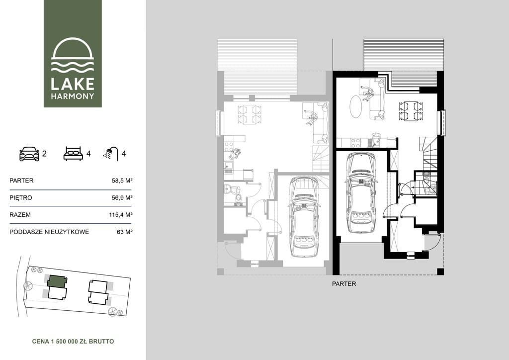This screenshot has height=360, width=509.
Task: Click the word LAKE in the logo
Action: point(73,84)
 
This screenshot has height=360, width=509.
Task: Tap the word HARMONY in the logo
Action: point(73,96)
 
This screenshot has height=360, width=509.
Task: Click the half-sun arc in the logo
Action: point(73,49)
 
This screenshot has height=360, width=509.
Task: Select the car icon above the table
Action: point(29,154)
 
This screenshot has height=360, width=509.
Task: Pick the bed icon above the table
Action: point(73,154)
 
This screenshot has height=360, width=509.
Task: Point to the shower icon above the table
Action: point(110,154)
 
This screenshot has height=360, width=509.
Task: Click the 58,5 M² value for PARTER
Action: point(122,180)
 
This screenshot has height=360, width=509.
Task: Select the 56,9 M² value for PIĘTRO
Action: point(122,197)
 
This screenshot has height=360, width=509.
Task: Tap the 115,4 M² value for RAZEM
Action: point(121,215)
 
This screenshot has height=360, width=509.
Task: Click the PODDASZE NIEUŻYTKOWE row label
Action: point(49,232)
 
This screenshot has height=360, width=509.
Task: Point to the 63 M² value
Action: point(125,232)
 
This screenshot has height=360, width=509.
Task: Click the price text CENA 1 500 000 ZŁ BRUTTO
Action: point(73,341)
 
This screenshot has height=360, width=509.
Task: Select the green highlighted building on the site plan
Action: point(57,281)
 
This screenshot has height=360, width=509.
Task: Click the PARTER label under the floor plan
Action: point(344,284)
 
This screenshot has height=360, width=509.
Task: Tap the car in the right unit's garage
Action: point(360,193)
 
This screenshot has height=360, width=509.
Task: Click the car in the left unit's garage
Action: point(304,217)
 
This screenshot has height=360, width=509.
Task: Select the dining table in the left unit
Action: point(250,114)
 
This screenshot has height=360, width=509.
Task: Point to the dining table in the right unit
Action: point(411,111)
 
